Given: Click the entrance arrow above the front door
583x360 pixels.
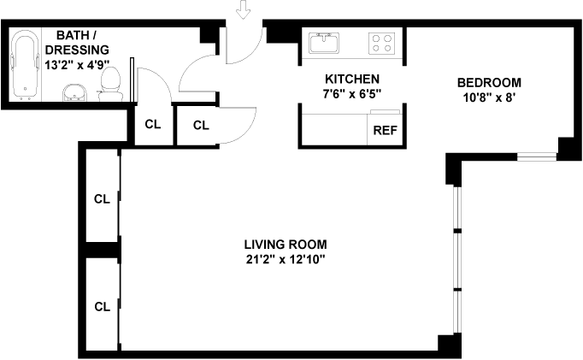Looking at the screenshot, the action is tap(245, 10).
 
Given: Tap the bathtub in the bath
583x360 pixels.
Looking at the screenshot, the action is tap(26, 64).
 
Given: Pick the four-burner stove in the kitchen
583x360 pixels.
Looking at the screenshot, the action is tap(381, 42).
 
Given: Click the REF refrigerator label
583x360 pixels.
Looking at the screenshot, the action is tap(385, 132).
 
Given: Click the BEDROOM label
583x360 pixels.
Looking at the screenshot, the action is tap(489, 82).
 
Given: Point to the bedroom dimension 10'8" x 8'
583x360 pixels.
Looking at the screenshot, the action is tap(489, 97).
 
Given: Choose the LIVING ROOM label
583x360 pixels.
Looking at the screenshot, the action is tap(286, 243).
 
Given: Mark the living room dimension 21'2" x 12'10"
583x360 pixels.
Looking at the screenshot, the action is tap(286, 257).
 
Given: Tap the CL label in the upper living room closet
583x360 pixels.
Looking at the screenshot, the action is tap(102, 199).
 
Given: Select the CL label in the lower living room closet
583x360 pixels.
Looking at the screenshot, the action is tap(102, 305).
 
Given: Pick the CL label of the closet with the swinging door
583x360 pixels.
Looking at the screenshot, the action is tap(201, 126).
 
